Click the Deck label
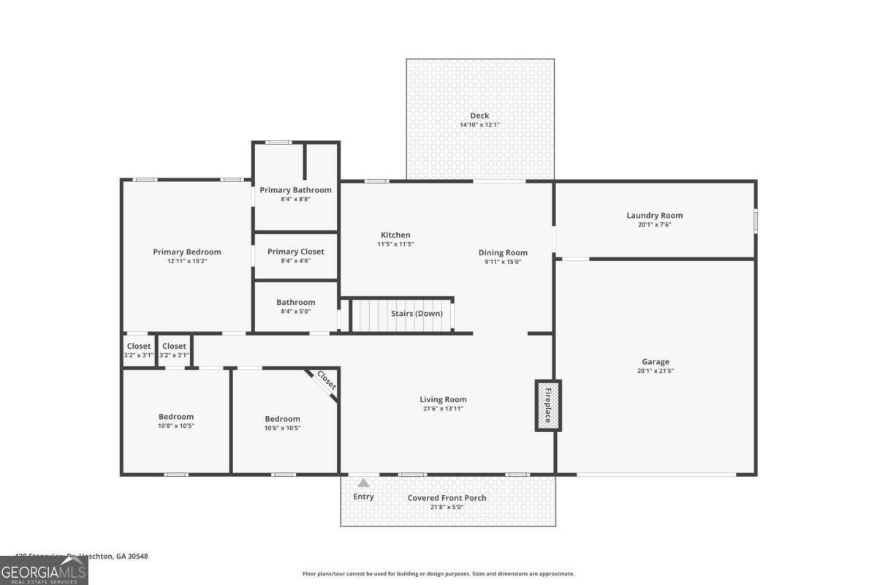click(x=479, y=116)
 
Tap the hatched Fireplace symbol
click(x=548, y=405)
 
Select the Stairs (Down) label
click(x=417, y=314)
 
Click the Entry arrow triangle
click(x=363, y=483)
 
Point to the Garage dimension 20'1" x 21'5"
click(x=656, y=371)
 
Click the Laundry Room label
click(x=654, y=215)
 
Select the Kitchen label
click(x=395, y=235)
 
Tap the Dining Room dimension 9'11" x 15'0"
click(x=503, y=262)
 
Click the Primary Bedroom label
click(x=186, y=252)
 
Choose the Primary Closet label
click(x=295, y=252)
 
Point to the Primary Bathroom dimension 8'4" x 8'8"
click(x=295, y=199)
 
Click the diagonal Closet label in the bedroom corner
click(x=326, y=381)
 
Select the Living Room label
click(x=443, y=399)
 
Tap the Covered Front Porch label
click(x=447, y=498)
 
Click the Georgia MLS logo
click(x=44, y=570)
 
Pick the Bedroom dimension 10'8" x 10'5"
click(x=176, y=426)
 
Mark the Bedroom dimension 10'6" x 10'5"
click(x=282, y=428)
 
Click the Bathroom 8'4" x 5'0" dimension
click(x=295, y=311)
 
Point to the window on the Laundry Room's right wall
click(x=755, y=222)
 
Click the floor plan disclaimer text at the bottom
click(x=438, y=574)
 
